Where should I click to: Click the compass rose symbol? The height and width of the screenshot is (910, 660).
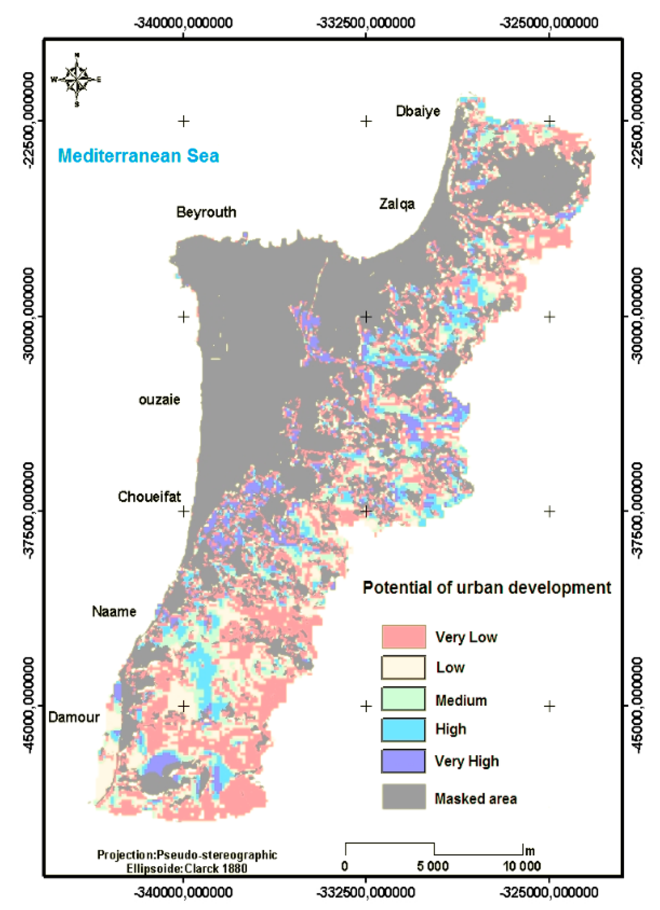tap(77, 80)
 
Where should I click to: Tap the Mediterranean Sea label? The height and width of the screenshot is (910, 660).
tap(138, 156)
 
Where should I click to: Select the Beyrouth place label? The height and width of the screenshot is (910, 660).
tap(206, 212)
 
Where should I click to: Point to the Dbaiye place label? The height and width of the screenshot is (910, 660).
tap(418, 111)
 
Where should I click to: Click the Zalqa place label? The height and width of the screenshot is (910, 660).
tap(396, 204)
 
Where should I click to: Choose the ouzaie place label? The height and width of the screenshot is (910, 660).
tap(159, 400)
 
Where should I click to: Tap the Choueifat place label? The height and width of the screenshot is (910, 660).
tap(149, 497)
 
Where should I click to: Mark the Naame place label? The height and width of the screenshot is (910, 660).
tap(114, 611)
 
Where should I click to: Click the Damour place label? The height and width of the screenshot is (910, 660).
tap(74, 717)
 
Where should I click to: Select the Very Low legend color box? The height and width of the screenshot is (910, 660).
tap(403, 637)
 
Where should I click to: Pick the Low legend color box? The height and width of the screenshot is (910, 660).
tap(403, 668)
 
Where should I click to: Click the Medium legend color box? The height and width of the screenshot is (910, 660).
tap(403, 699)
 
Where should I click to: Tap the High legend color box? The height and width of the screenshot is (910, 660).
tap(403, 730)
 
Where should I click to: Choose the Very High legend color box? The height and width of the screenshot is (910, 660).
tap(403, 761)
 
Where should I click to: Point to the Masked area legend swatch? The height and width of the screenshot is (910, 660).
tap(403, 797)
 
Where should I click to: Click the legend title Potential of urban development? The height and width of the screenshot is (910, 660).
tap(487, 588)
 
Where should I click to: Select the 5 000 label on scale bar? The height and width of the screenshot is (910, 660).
tap(432, 866)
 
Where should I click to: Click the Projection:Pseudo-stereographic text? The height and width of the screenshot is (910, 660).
tap(187, 855)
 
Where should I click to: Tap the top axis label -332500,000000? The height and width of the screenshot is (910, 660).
tap(365, 23)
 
